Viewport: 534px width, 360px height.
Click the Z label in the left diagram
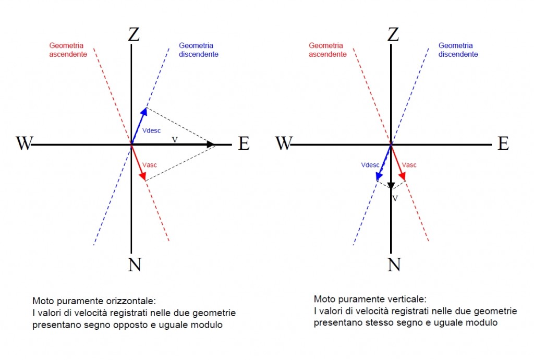click(134, 34)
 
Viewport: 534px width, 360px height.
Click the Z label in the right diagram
click(393, 34)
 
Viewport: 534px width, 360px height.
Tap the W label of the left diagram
click(24, 143)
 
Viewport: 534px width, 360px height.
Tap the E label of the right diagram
click(503, 143)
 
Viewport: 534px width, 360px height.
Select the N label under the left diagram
click(135, 265)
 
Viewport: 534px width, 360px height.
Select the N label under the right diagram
click(394, 265)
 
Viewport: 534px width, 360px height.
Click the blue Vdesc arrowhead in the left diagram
click(144, 112)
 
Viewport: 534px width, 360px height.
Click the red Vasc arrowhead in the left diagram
click(143, 176)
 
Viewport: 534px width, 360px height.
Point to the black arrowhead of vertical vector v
click(391, 186)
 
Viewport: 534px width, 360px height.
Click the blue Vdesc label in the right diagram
click(370, 165)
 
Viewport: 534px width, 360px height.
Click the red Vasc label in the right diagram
click(409, 165)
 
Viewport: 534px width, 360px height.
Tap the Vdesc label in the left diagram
click(151, 130)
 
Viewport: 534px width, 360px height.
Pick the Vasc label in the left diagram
click(150, 165)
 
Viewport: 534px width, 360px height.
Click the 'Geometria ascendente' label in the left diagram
click(68, 50)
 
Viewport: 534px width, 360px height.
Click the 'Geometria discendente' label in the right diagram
click(458, 50)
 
